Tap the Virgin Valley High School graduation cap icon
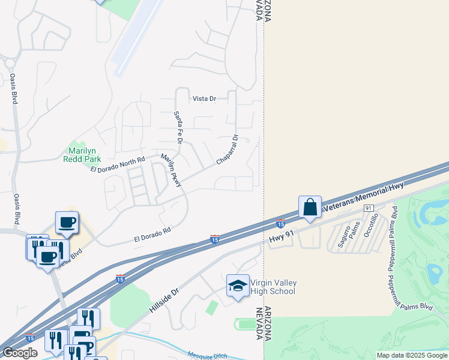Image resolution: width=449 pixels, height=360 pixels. click(238, 286)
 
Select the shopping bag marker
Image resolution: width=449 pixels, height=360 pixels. click(310, 208)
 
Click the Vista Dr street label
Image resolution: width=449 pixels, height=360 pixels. click(203, 98)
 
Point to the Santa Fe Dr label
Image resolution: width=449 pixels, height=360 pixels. click(178, 127)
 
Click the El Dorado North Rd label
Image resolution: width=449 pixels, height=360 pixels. click(118, 165)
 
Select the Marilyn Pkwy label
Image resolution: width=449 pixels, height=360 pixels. click(170, 170)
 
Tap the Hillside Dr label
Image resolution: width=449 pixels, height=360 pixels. click(163, 299)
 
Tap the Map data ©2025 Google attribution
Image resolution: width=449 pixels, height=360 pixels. click(412, 355)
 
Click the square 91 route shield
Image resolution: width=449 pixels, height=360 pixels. click(369, 207)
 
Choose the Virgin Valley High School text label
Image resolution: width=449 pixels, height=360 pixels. click(273, 287)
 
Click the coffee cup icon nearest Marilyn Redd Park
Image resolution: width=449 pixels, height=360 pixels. click(67, 222)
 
